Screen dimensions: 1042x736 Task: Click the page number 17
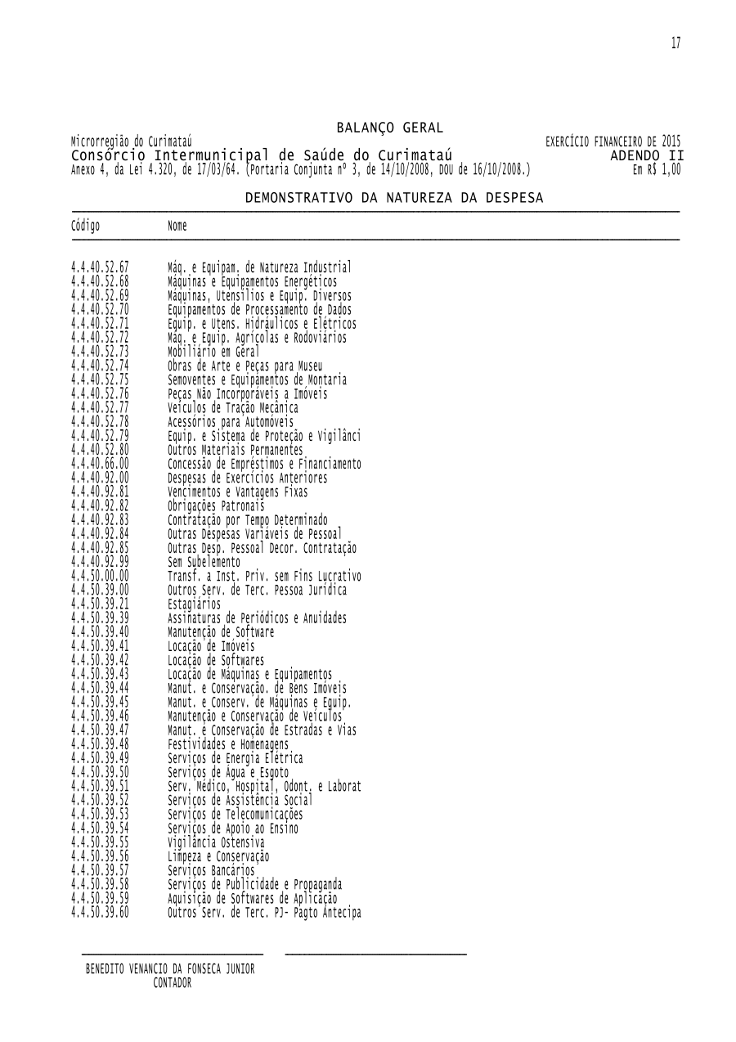pos(675,43)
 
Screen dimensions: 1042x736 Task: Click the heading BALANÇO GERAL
pos(389,128)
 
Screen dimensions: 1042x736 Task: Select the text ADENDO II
pos(647,155)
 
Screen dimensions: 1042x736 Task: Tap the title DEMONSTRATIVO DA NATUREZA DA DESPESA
pos(394,198)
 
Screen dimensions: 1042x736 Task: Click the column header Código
pos(86,226)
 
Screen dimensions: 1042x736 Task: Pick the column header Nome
pos(177,226)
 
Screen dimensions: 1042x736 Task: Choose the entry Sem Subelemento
pos(204,562)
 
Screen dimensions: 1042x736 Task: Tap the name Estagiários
pos(194,604)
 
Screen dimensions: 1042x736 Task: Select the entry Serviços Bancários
pos(211,871)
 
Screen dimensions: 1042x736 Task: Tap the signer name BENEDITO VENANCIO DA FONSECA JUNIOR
pos(170,969)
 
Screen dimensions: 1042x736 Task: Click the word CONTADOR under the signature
pos(172,983)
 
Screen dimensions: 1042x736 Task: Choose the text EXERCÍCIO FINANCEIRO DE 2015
pos(613,141)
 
